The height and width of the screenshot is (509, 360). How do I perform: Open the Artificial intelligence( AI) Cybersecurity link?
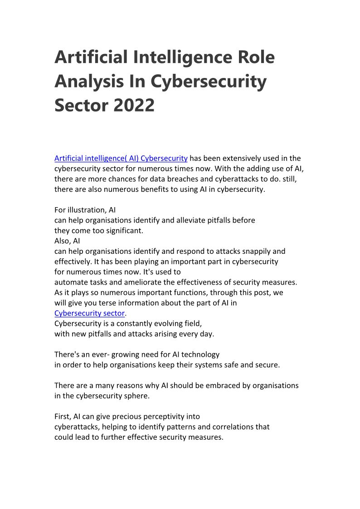(121, 158)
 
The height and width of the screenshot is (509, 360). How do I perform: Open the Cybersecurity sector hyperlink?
(89, 313)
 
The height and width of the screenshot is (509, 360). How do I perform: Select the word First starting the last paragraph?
(62, 416)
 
